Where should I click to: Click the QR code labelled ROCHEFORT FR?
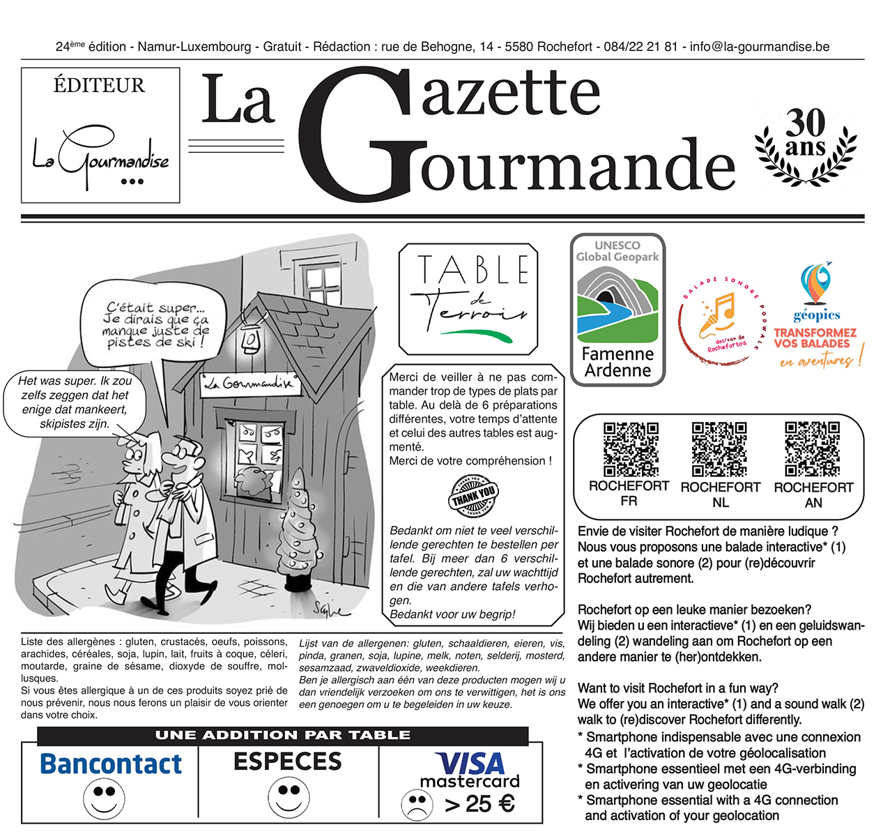click(630, 448)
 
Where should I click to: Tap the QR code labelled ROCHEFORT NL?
click(719, 448)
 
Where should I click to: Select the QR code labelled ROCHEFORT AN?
click(812, 448)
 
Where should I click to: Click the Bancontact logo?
click(111, 764)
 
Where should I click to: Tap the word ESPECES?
click(288, 761)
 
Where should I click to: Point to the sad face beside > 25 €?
click(417, 805)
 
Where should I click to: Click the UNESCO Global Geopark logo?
click(617, 309)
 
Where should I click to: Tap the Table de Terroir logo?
click(468, 299)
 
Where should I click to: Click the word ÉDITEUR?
click(99, 86)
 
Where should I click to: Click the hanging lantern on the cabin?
click(248, 338)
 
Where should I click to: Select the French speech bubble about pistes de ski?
click(155, 324)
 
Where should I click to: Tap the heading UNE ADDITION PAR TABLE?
click(282, 735)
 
